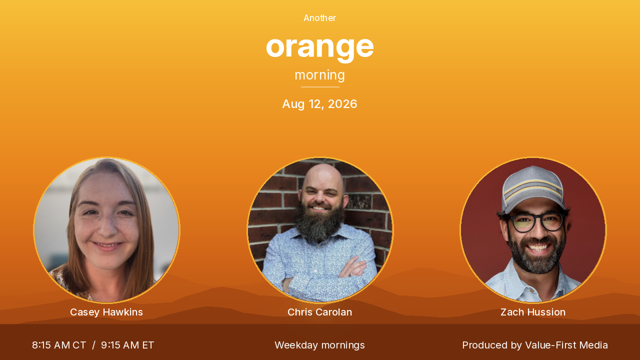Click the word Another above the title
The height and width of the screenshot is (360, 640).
[x=319, y=18]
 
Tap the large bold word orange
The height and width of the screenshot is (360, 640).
[x=319, y=47]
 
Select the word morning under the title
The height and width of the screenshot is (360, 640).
[x=319, y=75]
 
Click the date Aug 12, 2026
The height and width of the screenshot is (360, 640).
[x=319, y=104]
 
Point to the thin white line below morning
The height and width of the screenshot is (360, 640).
[x=320, y=87]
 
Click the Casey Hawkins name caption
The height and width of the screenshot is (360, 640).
[x=106, y=312]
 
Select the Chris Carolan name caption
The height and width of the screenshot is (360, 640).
[x=319, y=312]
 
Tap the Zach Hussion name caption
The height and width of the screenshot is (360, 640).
[x=533, y=312]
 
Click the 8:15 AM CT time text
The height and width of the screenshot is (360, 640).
[x=59, y=345]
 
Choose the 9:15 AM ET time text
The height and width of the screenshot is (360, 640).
[x=127, y=345]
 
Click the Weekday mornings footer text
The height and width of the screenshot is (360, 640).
[x=319, y=345]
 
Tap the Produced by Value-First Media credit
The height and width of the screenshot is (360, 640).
[x=535, y=345]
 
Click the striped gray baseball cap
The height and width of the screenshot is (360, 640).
[x=533, y=188]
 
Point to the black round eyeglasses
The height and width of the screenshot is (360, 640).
[x=537, y=221]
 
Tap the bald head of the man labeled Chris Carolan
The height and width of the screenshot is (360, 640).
[x=323, y=175]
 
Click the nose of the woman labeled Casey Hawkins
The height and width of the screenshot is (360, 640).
[x=107, y=225]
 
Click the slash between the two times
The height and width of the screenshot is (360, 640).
[x=93, y=345]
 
